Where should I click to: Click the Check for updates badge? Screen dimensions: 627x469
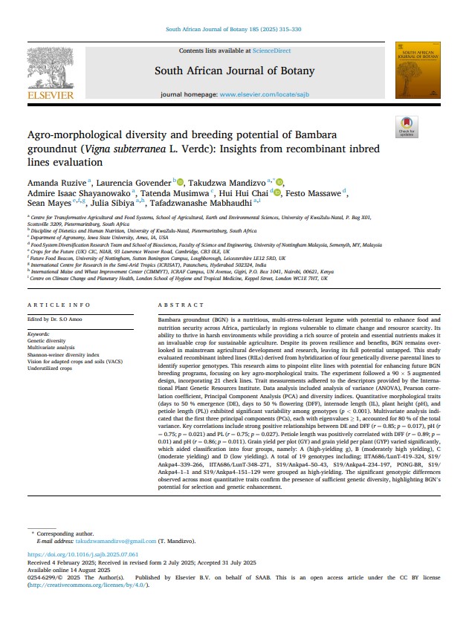click(407, 127)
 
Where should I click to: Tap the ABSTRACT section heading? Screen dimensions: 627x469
click(181, 305)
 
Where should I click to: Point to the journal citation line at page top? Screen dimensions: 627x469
click(233, 30)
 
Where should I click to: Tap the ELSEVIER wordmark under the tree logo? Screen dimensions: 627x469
click(50, 95)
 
